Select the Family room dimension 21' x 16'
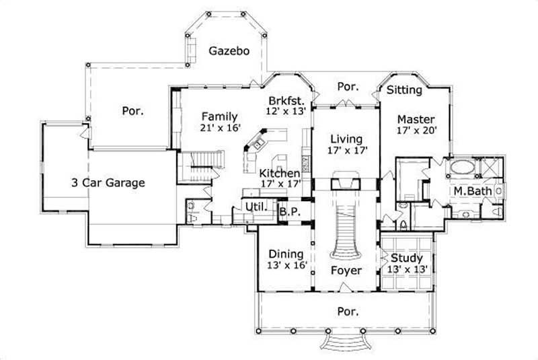click(x=220, y=128)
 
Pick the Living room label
click(x=346, y=139)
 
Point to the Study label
click(x=406, y=258)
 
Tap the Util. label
click(x=256, y=207)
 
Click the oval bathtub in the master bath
click(x=462, y=168)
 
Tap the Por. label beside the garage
click(x=132, y=111)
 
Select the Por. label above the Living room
click(x=347, y=87)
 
